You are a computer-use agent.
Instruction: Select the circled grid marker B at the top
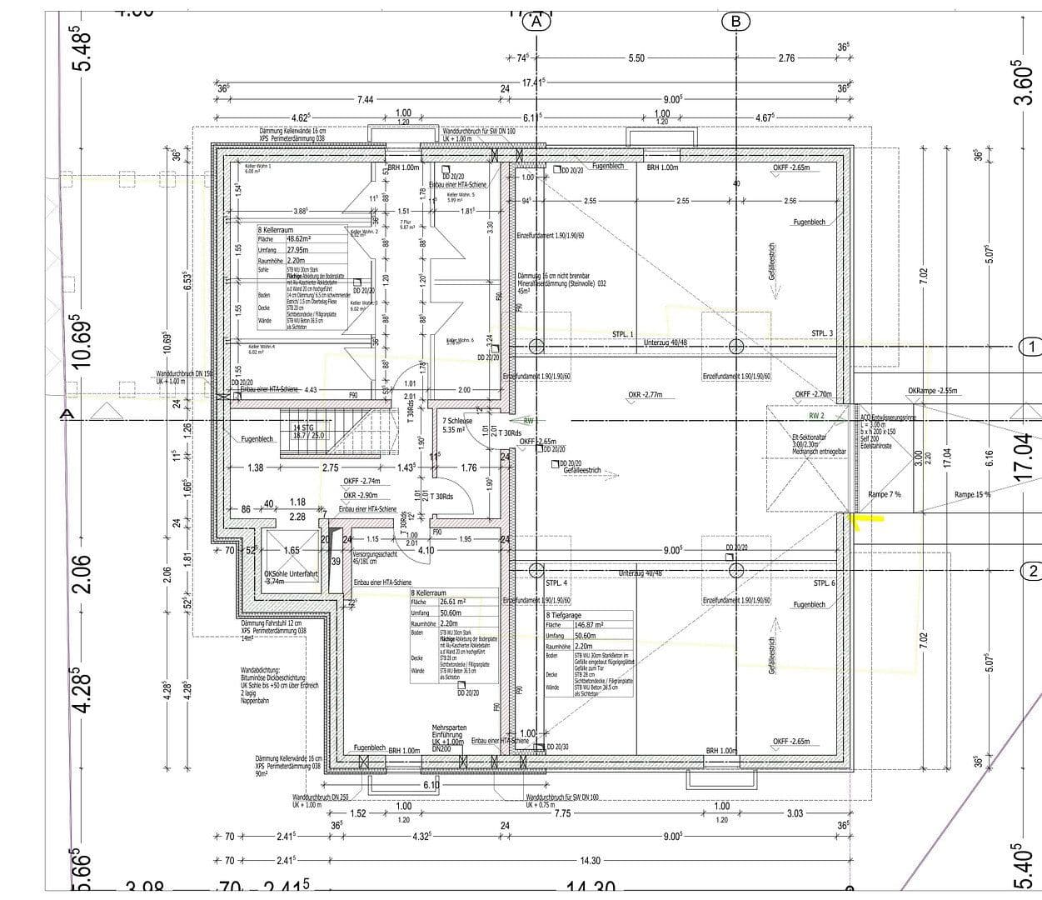[735, 22]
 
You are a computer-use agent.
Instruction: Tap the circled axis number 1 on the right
[1030, 346]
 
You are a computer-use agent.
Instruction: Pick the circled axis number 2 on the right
[1030, 571]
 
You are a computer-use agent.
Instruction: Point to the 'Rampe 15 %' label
[972, 495]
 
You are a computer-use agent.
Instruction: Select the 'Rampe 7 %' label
[884, 495]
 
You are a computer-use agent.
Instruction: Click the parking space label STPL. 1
[623, 334]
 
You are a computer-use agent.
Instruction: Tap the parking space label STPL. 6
[823, 583]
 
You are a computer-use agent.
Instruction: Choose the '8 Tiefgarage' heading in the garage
[565, 614]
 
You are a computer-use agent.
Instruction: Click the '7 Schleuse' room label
[458, 422]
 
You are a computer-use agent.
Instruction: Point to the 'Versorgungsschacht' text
[375, 554]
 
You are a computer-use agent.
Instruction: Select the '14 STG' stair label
[309, 427]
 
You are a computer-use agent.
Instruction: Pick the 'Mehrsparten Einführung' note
[449, 731]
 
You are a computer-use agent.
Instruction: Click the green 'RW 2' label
[815, 415]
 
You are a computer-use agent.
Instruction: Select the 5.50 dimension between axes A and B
[636, 58]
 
